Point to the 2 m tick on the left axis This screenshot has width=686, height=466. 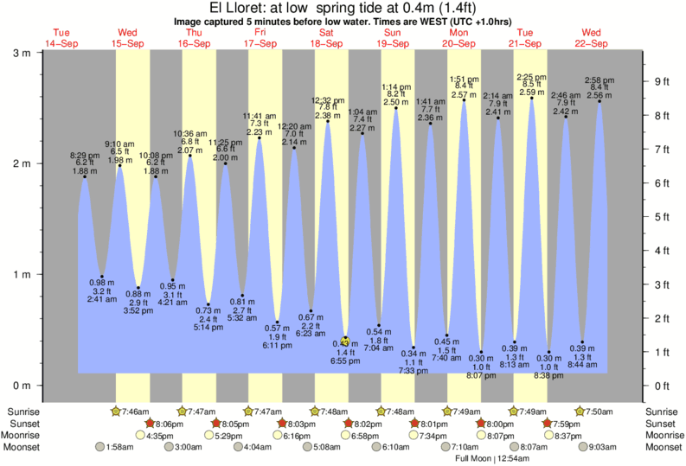point(26,163)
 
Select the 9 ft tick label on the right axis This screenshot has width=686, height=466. point(662,82)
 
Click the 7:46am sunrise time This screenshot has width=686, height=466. point(134,411)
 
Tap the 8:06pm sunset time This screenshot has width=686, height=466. point(167,424)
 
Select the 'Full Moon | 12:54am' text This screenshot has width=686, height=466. point(491,459)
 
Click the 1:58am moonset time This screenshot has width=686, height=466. point(118,447)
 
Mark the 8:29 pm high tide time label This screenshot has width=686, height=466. point(85,155)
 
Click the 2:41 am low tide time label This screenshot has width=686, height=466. point(103,299)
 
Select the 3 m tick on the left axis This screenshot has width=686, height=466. point(26,52)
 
